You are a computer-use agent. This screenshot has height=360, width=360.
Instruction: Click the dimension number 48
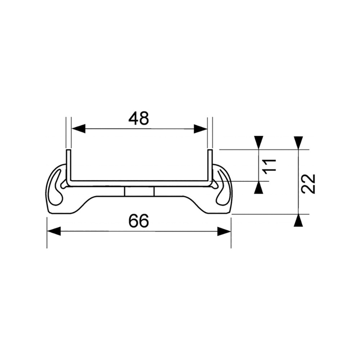(x=139, y=118)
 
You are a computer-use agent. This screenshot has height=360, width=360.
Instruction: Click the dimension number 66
(x=139, y=221)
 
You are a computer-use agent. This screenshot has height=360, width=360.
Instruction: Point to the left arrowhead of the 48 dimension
(x=78, y=129)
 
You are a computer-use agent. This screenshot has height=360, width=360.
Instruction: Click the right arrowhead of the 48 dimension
(x=201, y=129)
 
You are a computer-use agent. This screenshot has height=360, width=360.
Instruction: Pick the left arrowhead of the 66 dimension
(x=54, y=231)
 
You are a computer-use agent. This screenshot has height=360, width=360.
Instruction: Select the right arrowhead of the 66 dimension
(x=224, y=231)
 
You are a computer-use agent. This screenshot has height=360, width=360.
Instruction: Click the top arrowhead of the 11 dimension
(x=259, y=143)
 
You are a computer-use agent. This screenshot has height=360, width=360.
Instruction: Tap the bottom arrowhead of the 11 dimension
(x=259, y=188)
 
